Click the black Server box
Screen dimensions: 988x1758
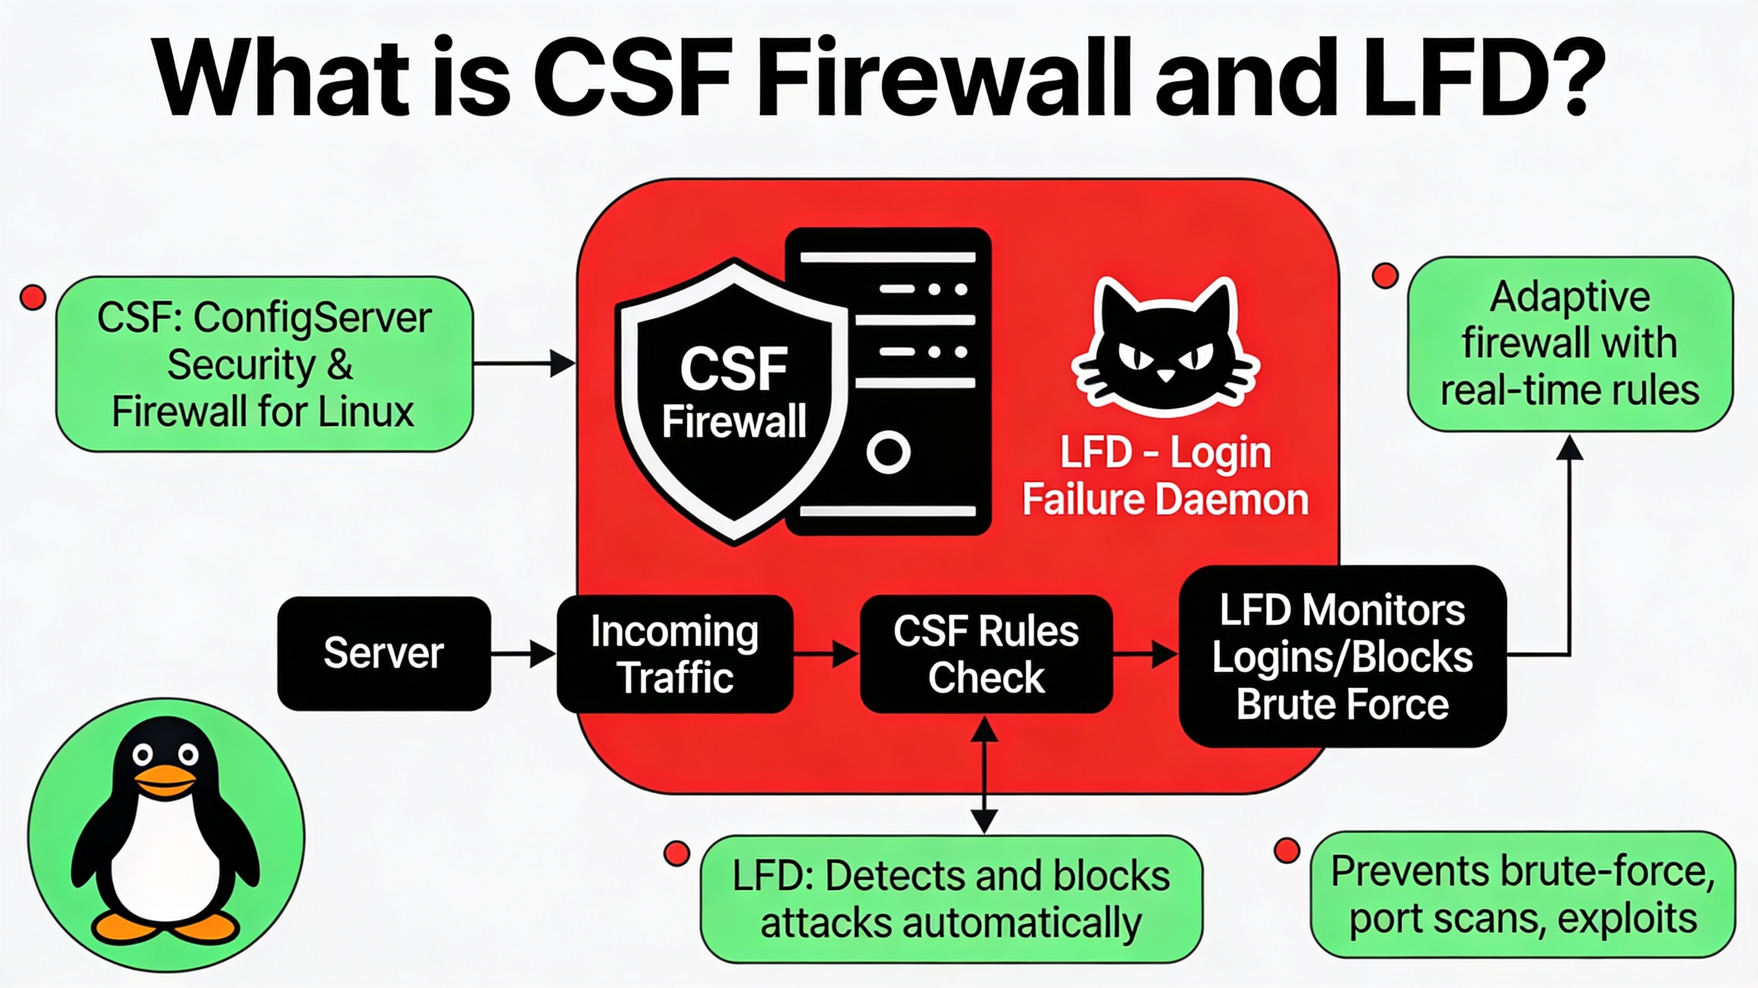(383, 653)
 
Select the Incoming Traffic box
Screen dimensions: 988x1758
(674, 654)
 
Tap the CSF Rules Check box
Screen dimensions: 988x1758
(985, 654)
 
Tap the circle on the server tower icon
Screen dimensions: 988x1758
(888, 452)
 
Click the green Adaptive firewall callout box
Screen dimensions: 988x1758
(1570, 344)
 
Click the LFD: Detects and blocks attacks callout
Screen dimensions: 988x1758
(951, 899)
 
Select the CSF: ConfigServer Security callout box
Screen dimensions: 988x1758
(264, 364)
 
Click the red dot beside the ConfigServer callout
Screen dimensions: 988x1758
(33, 298)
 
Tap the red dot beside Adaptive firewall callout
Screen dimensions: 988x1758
(1385, 276)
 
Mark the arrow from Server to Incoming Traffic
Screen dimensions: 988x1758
(523, 654)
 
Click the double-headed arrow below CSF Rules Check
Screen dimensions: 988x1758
(984, 775)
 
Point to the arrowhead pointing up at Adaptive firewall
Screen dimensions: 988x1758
(1570, 448)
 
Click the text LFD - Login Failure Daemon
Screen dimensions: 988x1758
(1165, 476)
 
